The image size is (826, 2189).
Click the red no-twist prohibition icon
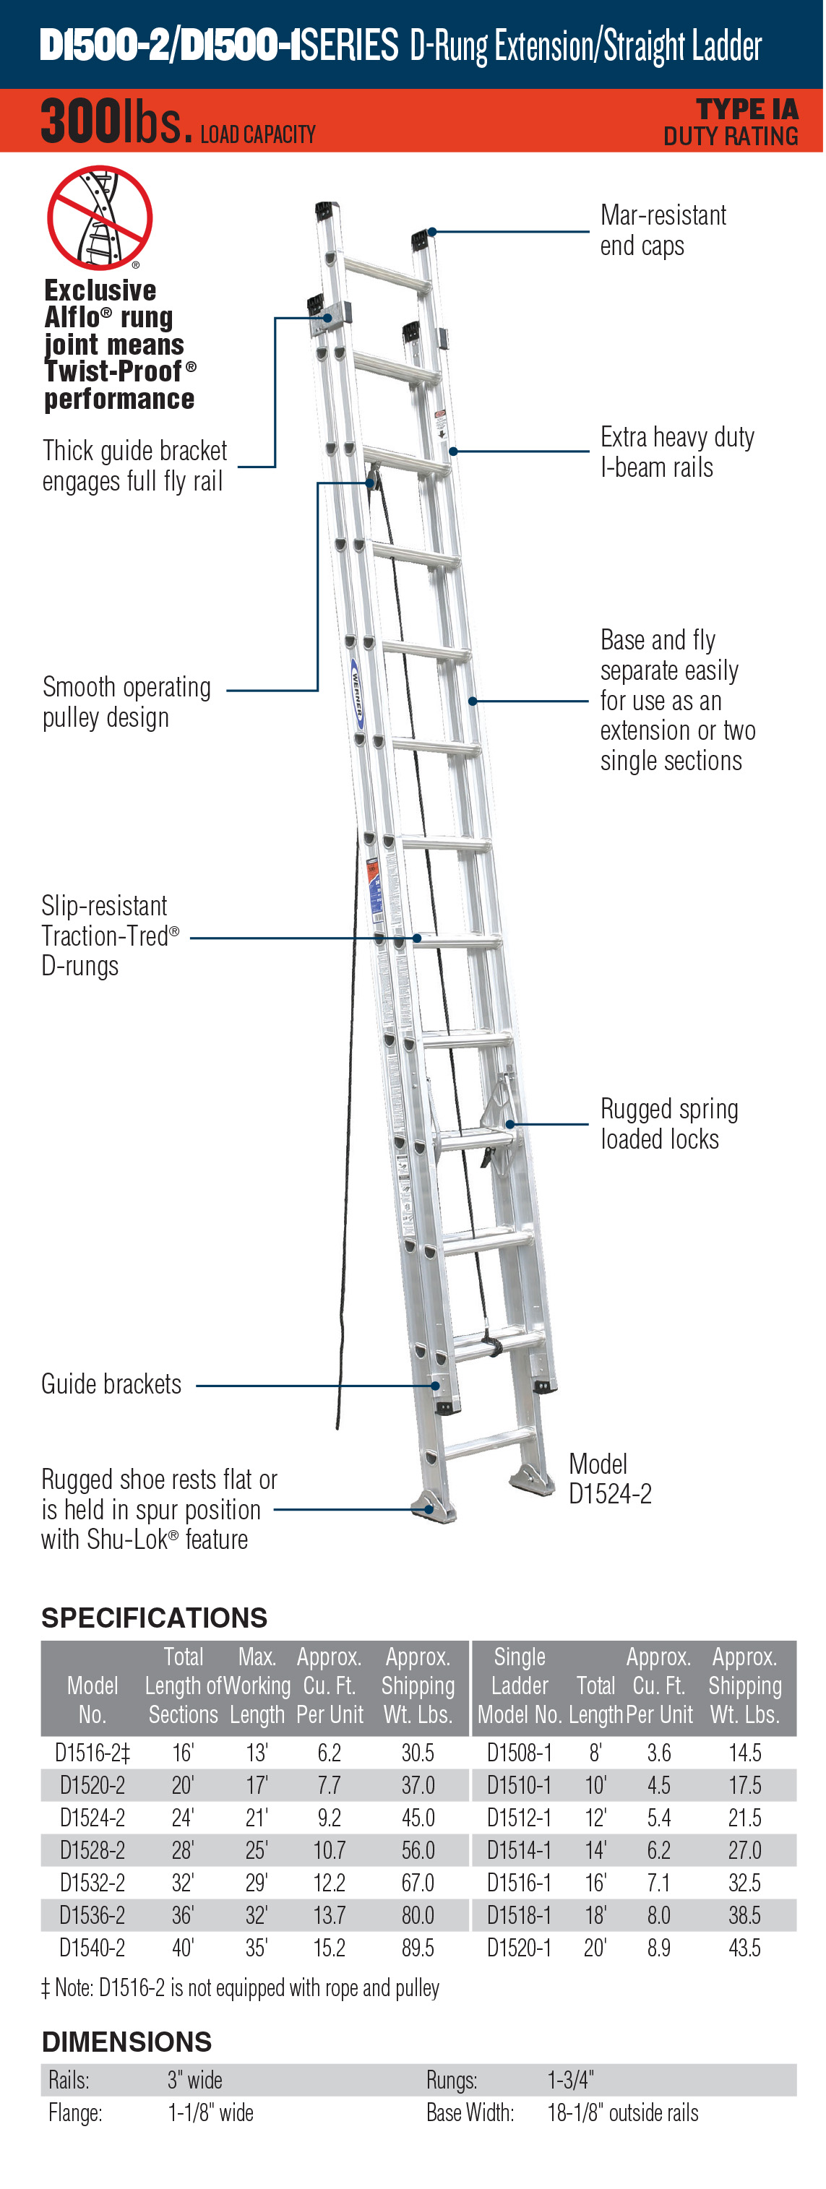pos(100,217)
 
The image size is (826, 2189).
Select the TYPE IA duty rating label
pos(731,122)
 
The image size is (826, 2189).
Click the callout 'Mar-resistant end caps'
pos(662,230)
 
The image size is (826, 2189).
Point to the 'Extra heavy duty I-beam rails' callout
pos(676,452)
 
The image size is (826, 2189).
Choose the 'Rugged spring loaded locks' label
pos(668,1123)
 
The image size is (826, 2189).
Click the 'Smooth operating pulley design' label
pos(126,702)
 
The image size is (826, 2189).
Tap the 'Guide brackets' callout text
pos(111,1384)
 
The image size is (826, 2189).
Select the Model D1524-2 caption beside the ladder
pos(609,1479)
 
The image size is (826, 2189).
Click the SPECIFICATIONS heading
pos(154,1617)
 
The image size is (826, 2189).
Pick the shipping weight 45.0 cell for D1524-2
pos(417,1818)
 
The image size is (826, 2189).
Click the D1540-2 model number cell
pos(92,1947)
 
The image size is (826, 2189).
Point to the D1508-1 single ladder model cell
pos(518,1752)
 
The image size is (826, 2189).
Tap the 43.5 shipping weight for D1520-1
pos(744,1947)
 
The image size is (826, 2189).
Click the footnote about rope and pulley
pos(241,1987)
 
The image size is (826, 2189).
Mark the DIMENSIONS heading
pos(126,2041)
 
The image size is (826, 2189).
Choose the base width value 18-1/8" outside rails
pos(623,2112)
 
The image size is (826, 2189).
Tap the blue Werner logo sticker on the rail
pos(358,693)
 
